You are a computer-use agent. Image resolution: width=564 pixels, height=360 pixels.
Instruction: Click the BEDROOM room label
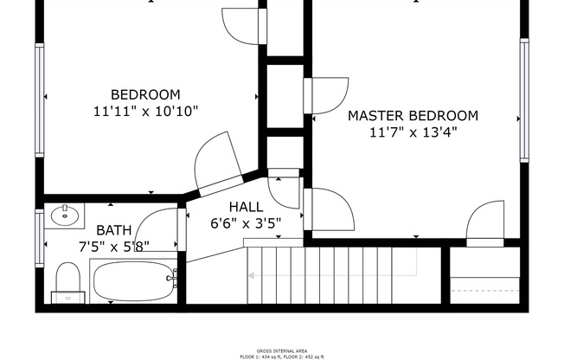coord(145,94)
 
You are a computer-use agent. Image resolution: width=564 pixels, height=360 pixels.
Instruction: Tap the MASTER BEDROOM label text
coord(413,115)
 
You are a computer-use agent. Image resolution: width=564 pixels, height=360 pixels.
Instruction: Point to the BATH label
coord(113,230)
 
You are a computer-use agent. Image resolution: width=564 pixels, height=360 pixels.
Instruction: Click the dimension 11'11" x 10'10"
coord(145,111)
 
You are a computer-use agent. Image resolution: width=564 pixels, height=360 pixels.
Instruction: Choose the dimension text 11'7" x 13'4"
coord(413,132)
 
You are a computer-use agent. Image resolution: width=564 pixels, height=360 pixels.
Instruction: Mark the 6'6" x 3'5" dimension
coord(247,222)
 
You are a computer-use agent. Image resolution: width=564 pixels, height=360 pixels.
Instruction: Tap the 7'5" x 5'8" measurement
coord(113,246)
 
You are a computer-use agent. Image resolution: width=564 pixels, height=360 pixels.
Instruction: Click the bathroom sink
coord(63,215)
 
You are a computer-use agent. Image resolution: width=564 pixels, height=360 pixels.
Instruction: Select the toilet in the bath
coord(67,282)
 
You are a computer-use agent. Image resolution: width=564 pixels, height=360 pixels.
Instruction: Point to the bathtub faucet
coord(174,279)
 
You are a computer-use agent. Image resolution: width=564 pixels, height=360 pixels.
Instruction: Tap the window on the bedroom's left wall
coord(39,100)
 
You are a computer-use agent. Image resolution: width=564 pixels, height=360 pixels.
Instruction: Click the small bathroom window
coord(39,238)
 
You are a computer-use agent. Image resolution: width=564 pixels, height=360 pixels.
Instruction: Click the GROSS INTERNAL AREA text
coord(281,350)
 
